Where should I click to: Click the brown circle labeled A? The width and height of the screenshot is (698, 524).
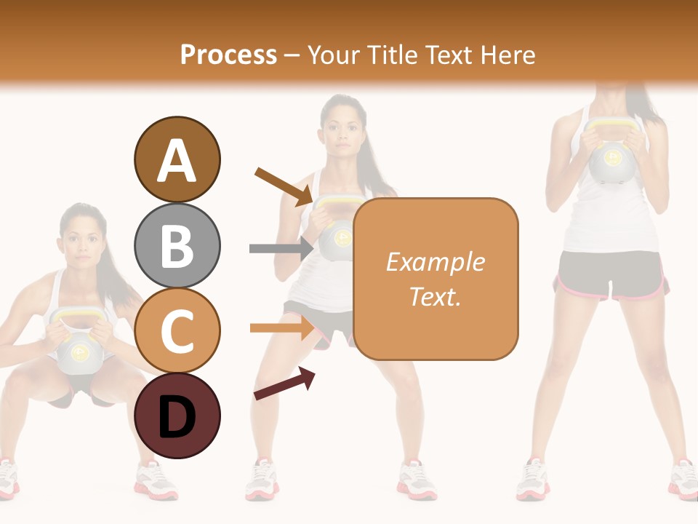(177, 159)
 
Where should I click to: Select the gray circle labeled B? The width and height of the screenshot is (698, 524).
(177, 245)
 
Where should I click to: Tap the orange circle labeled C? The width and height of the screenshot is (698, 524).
(177, 330)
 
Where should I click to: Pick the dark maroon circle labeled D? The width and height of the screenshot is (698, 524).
(177, 416)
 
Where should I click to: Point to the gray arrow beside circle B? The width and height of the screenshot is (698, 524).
(281, 249)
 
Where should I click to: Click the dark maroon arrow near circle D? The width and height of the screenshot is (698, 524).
(284, 384)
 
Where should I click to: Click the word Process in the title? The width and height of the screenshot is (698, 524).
(228, 55)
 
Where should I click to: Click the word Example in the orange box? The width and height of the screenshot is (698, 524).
(435, 262)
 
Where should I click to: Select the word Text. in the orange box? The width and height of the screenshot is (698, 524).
(435, 296)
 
